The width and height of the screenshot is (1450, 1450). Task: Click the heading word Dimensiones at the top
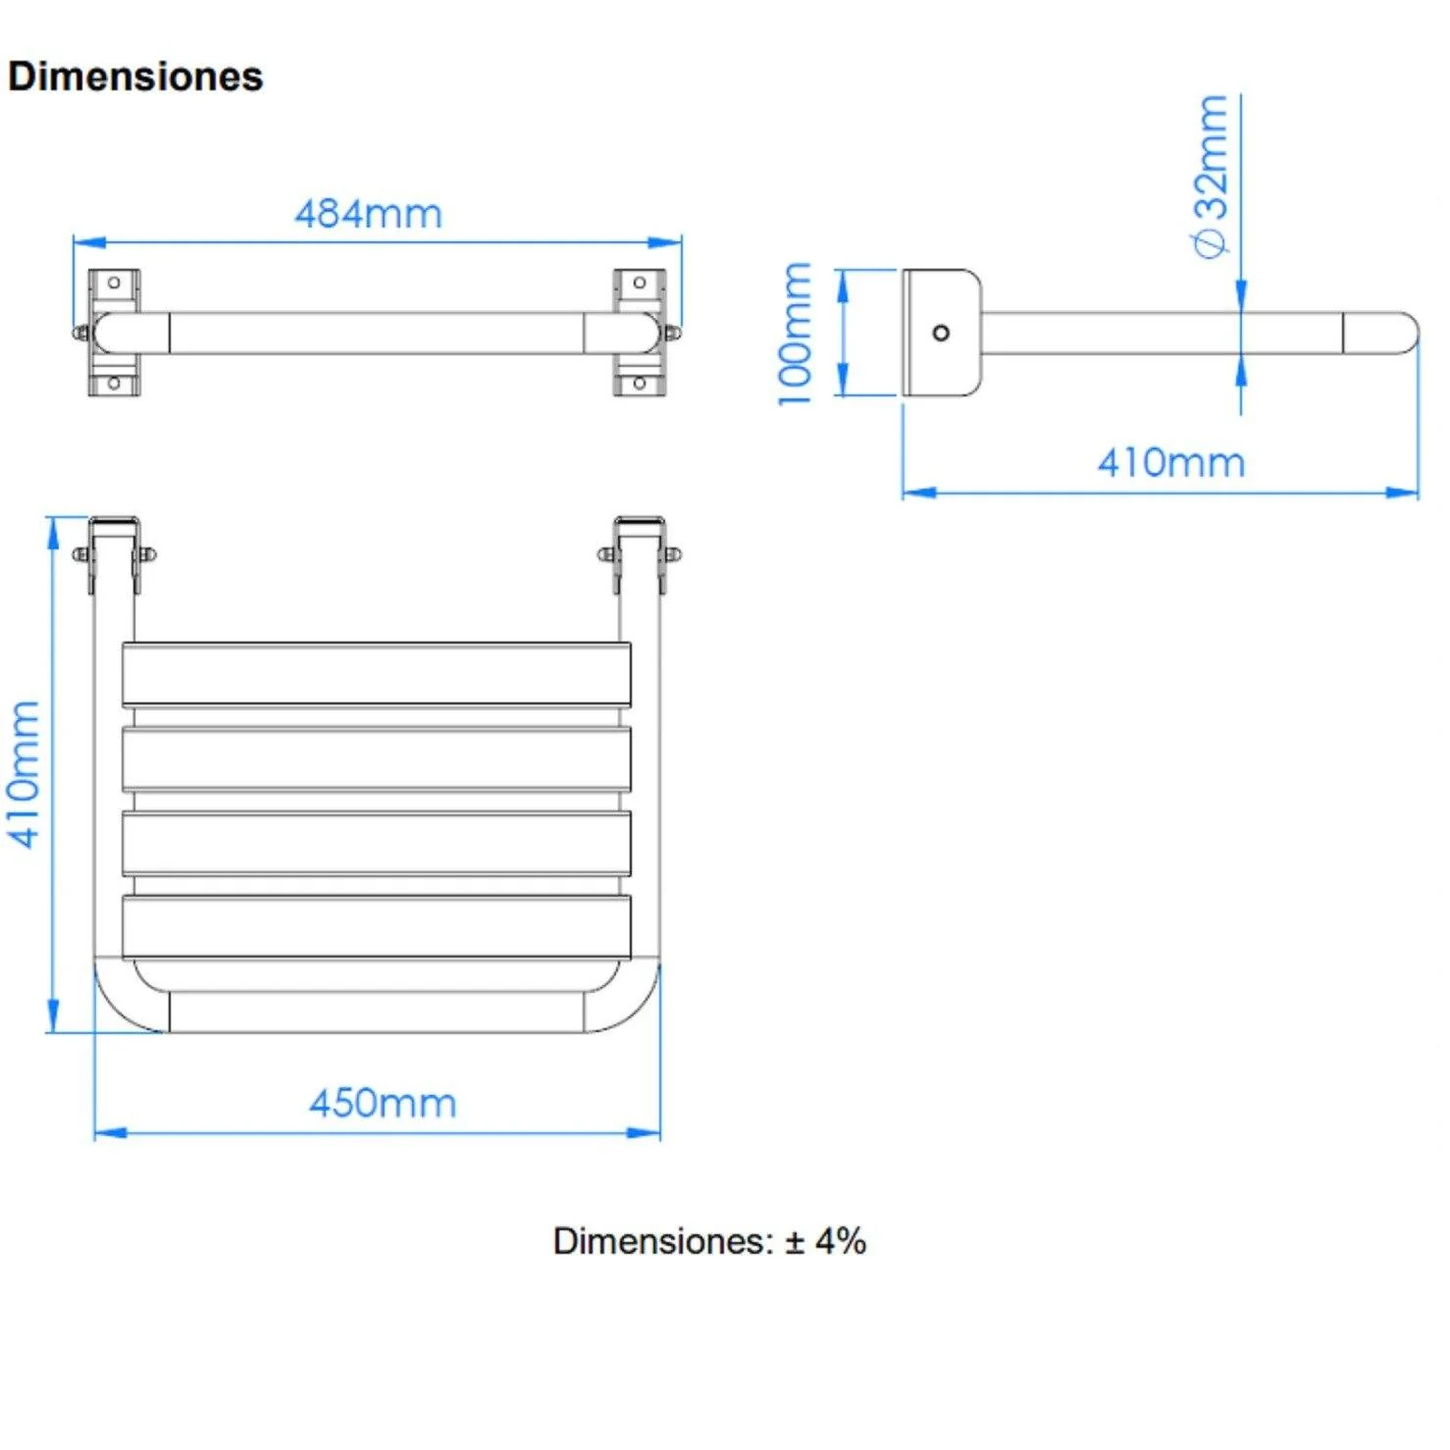click(x=135, y=77)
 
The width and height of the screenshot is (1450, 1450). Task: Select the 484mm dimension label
click(x=369, y=214)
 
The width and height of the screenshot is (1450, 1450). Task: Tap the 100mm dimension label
click(x=795, y=334)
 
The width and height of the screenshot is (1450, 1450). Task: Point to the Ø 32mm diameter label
click(x=1212, y=177)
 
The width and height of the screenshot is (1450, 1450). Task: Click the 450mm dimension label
click(x=383, y=1104)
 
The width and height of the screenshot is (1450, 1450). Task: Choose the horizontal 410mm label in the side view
click(x=1171, y=462)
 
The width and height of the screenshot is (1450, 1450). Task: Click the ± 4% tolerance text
click(x=826, y=1241)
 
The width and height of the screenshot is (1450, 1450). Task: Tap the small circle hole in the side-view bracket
click(x=941, y=333)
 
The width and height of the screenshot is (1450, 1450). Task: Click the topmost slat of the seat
click(x=377, y=674)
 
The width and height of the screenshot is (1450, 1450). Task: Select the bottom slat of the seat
click(x=377, y=927)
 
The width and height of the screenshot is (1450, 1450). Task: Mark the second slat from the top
click(x=377, y=758)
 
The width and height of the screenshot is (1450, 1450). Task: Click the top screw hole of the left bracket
click(x=114, y=283)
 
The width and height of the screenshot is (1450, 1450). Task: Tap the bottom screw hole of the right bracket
click(x=639, y=383)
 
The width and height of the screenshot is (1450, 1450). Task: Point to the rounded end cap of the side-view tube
click(x=1381, y=333)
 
